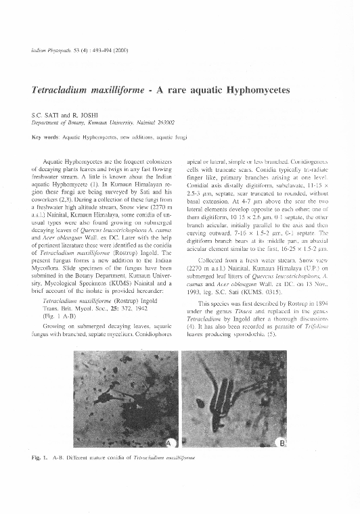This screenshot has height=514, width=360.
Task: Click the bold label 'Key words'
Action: coord(45,137)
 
